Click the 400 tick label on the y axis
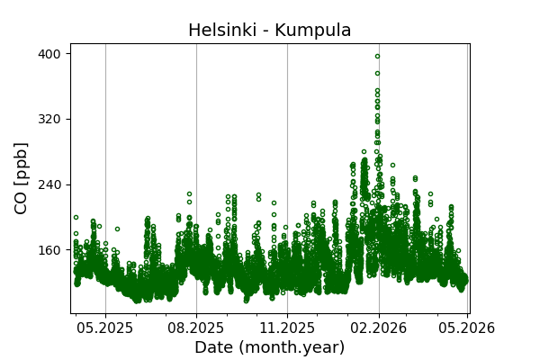49,54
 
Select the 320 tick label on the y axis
49,119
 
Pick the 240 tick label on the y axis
49,184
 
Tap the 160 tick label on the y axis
49,250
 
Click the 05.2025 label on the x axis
105,328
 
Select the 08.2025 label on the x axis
196,328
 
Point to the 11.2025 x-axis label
287,328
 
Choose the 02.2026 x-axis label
378,328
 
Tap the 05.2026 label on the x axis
467,328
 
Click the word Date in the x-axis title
214,347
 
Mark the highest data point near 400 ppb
377,56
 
